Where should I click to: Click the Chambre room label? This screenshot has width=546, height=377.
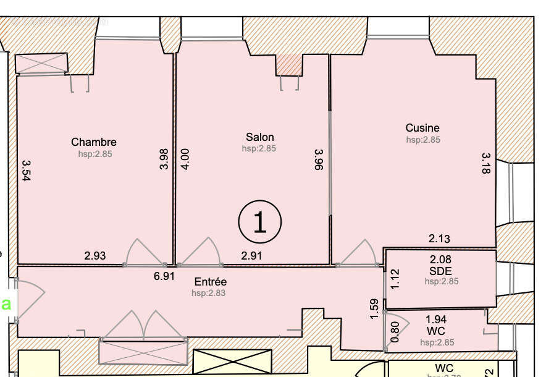(x=93, y=142)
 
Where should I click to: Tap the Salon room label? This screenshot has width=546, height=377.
(x=259, y=137)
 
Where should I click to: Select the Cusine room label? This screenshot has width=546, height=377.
(x=422, y=128)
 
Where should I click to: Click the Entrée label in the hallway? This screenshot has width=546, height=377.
(x=209, y=282)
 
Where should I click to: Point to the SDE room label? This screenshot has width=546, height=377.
(x=440, y=271)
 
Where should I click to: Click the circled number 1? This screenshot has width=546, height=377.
(x=260, y=221)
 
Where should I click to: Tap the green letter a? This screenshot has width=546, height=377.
(x=7, y=303)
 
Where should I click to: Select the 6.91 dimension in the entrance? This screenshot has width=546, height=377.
(x=164, y=276)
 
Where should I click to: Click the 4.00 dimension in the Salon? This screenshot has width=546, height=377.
(x=185, y=159)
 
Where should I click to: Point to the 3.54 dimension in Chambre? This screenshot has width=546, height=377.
(x=26, y=170)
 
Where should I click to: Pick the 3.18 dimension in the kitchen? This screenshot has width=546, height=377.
(x=485, y=163)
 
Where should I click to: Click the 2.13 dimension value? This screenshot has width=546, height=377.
(x=439, y=239)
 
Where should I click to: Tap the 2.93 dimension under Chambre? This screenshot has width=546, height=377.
(x=96, y=255)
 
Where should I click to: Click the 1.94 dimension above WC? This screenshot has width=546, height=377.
(x=436, y=320)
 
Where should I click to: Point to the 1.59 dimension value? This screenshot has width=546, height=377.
(x=374, y=309)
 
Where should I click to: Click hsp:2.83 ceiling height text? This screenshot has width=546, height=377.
(x=209, y=293)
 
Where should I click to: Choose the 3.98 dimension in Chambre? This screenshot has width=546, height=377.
(x=164, y=159)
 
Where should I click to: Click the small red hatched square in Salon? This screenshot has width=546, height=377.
(x=289, y=64)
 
